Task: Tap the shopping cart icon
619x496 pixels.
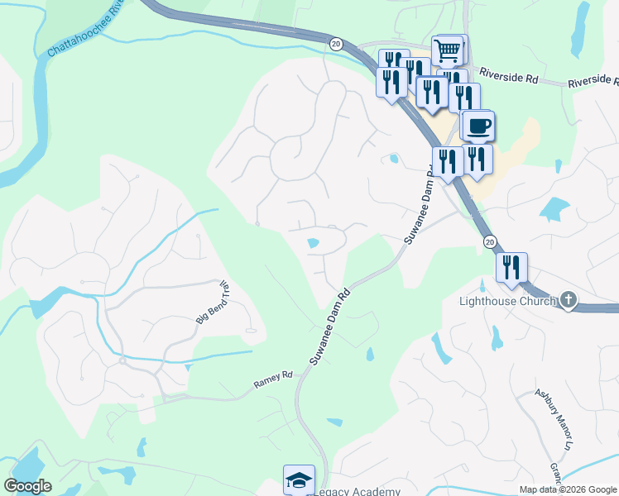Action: (448, 50)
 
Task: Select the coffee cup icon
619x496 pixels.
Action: (478, 126)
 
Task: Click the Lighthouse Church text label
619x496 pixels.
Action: (507, 301)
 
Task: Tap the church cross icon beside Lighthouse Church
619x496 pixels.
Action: (568, 300)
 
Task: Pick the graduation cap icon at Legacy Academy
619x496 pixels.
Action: (299, 479)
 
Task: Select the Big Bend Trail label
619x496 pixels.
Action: (212, 303)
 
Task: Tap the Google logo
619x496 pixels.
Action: (27, 486)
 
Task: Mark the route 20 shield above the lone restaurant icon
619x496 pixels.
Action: (490, 241)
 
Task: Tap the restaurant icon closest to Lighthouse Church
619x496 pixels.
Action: (511, 268)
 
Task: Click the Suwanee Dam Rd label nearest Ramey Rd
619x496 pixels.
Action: (330, 326)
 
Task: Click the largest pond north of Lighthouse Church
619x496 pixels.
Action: (554, 208)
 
